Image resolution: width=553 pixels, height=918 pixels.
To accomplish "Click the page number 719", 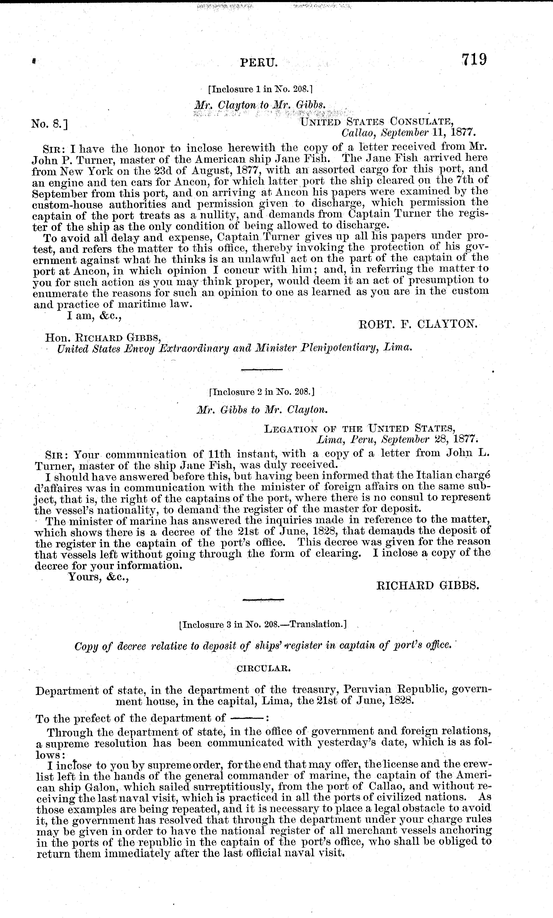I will (474, 60).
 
